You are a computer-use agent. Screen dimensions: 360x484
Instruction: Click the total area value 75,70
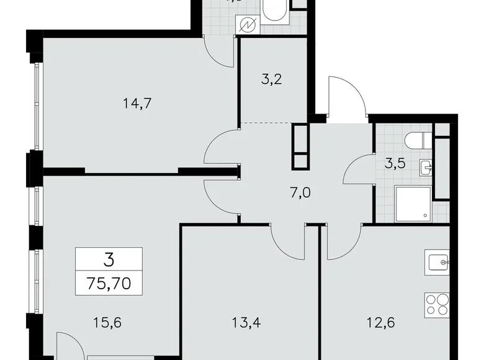[109, 286]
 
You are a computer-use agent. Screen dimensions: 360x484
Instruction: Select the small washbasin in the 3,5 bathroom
[426, 167]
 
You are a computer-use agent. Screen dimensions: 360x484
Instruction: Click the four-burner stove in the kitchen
[438, 305]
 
